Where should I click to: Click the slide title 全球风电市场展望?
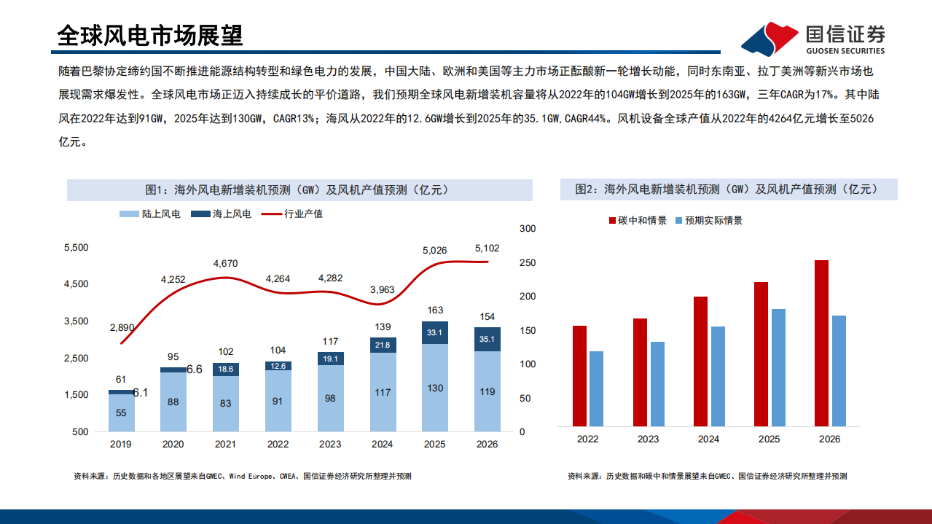[x=149, y=35]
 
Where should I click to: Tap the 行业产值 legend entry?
[x=293, y=214]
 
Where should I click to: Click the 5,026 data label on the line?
[x=434, y=250]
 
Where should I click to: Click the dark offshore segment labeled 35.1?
[x=487, y=339]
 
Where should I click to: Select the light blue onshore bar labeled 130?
[x=435, y=388]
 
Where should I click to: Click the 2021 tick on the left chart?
[x=225, y=444]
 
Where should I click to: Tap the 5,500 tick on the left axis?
[x=77, y=248]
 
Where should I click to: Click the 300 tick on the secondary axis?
[x=527, y=229]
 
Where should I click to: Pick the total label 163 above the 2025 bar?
[x=435, y=310]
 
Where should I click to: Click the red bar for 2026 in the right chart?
[x=821, y=343]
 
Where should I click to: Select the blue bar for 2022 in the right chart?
[x=596, y=388]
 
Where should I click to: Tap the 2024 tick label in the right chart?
[x=708, y=439]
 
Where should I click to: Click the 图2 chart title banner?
[x=729, y=189]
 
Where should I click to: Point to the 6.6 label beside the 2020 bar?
[x=195, y=369]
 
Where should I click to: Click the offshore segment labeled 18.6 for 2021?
[x=225, y=369]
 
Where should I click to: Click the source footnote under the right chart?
[x=707, y=476]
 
